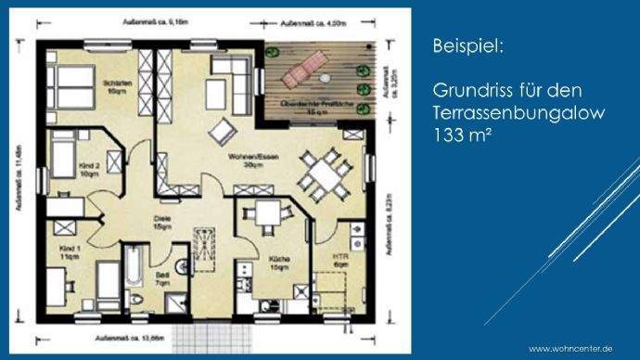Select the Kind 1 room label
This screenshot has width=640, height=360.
click(x=71, y=255)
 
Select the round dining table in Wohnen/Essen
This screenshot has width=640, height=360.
click(x=324, y=175)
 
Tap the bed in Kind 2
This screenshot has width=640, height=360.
click(x=65, y=158)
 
